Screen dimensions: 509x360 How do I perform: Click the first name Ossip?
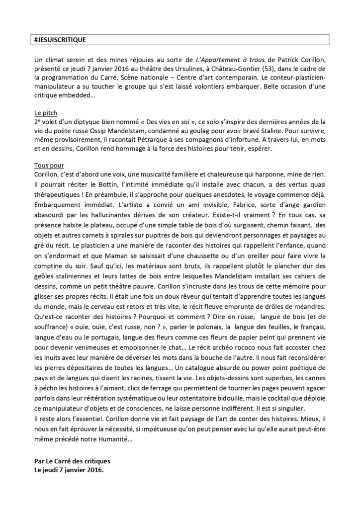coord(118,131)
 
